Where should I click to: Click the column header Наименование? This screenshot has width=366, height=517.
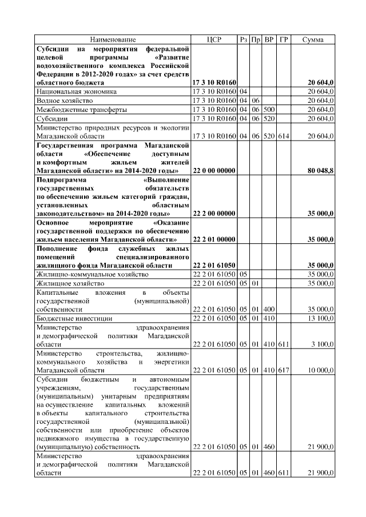click(x=113, y=39)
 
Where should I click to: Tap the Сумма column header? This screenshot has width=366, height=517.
click(x=313, y=39)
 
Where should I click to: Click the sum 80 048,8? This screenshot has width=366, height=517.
click(x=321, y=171)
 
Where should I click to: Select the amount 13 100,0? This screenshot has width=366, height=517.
click(x=321, y=318)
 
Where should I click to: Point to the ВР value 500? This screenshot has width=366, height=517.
click(x=270, y=109)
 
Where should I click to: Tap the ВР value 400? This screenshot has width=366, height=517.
click(x=270, y=308)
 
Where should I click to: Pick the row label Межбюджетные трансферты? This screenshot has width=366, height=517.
click(x=81, y=109)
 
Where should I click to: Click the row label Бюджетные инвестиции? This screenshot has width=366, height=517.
click(x=74, y=318)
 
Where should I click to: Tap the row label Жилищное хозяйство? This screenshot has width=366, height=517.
click(x=70, y=283)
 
